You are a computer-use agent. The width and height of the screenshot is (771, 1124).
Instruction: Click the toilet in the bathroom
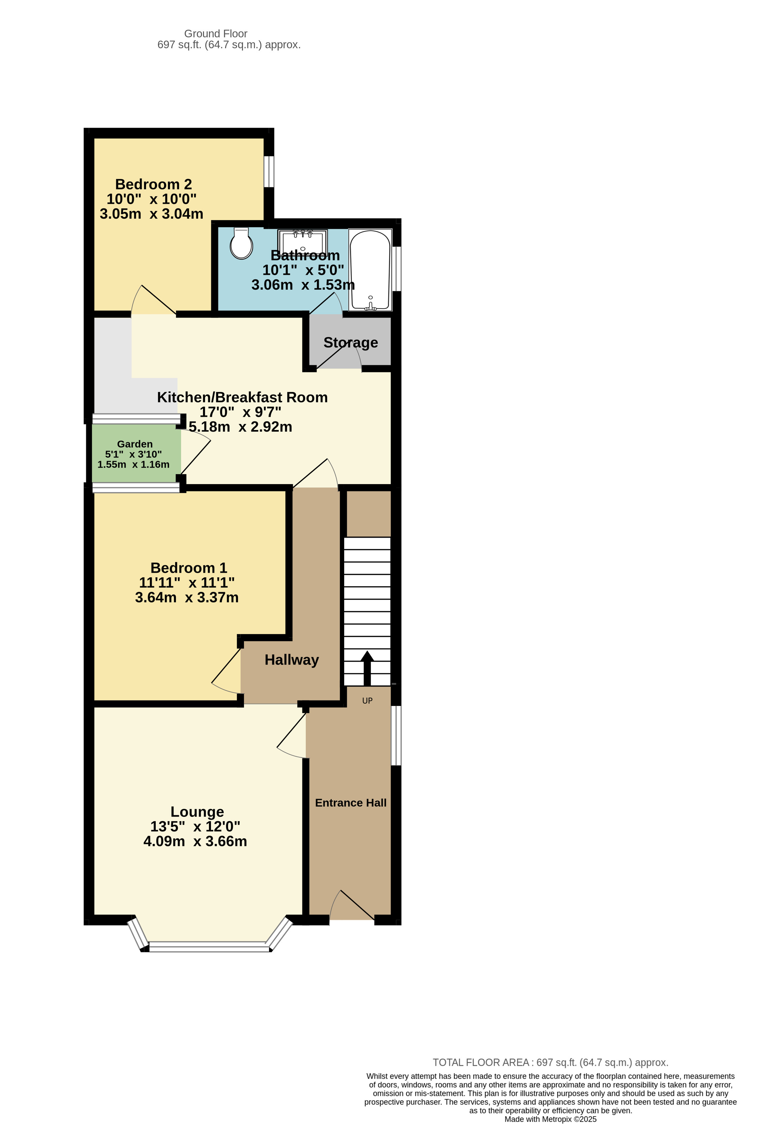[x=241, y=244]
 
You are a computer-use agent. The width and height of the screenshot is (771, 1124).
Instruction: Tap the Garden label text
[x=135, y=444]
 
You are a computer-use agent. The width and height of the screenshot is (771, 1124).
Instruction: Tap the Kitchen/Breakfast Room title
[x=242, y=397]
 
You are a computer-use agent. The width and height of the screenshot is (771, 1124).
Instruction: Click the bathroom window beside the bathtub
[x=396, y=268]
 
